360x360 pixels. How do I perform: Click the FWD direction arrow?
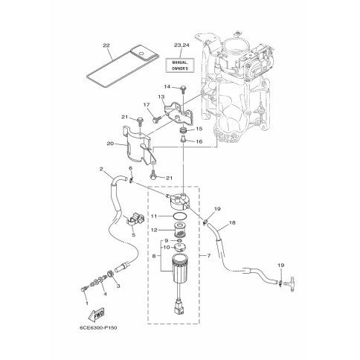click(x=97, y=314)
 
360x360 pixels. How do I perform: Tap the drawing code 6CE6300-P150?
click(x=98, y=328)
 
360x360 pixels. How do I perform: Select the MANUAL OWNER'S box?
click(x=180, y=65)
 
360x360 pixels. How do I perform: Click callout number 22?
click(x=106, y=45)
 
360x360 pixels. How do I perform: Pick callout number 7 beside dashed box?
click(x=208, y=256)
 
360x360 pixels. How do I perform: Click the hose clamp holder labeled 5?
click(x=135, y=219)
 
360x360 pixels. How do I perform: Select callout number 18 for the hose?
click(x=232, y=222)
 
